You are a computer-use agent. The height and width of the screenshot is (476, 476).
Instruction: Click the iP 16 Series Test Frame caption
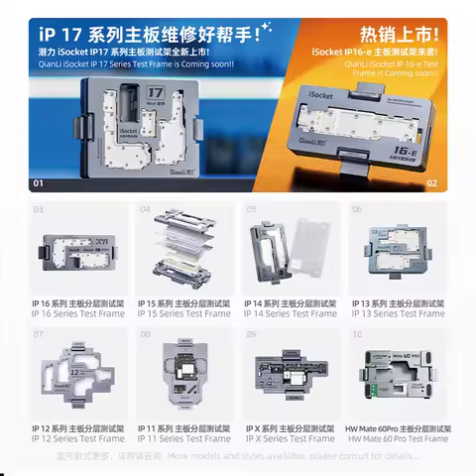(78, 313)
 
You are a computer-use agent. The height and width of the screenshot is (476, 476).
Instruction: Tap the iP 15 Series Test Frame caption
(183, 313)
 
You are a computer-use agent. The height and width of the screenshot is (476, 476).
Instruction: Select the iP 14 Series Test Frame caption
(290, 313)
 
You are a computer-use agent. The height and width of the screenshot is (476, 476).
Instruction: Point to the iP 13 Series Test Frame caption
(395, 313)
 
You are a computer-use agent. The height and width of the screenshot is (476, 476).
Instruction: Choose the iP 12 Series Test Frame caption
(78, 437)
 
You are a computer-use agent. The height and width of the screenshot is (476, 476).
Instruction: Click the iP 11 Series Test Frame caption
(183, 437)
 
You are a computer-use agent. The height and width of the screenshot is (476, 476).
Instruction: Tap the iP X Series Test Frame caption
(290, 437)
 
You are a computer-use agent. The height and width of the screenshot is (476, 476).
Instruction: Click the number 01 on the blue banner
(39, 183)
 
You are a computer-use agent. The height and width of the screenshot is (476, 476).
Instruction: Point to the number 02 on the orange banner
(431, 183)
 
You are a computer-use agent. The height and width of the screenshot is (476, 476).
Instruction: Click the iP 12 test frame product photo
(78, 377)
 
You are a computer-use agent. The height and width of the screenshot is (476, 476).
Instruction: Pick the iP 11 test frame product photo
(183, 377)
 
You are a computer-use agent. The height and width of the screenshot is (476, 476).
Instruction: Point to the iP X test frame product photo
(290, 377)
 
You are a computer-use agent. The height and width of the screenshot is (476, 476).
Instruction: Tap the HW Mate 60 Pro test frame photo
(395, 377)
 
